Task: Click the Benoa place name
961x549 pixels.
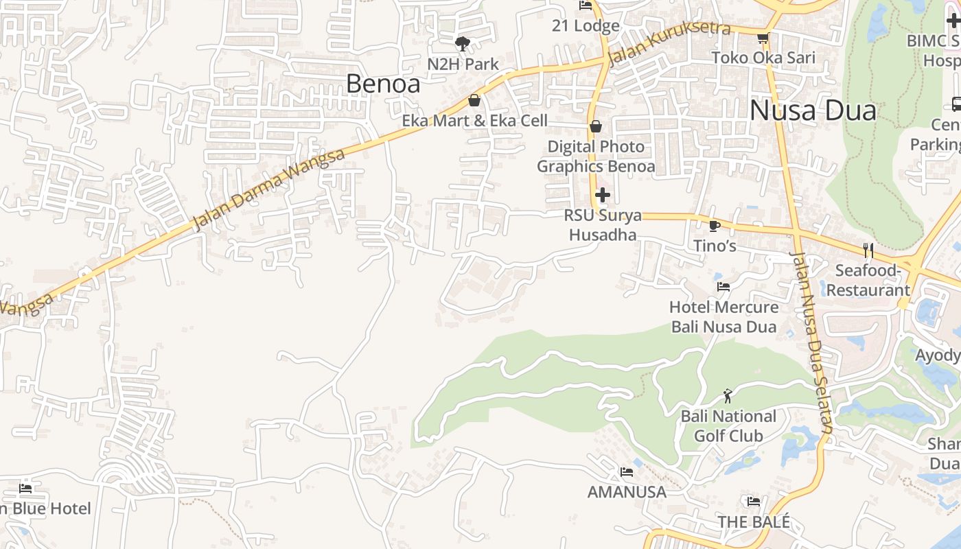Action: click(x=383, y=84)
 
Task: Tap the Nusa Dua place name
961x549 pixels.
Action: click(x=813, y=110)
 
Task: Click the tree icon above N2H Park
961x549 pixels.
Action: click(x=463, y=44)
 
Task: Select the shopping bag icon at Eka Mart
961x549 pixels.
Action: click(x=474, y=101)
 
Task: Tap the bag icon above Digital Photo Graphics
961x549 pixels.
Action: click(x=596, y=126)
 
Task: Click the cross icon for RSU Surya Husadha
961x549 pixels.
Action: click(x=602, y=195)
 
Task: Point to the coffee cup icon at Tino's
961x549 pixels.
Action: click(x=714, y=226)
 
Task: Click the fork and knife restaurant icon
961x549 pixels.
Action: click(x=868, y=250)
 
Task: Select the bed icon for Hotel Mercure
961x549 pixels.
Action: click(x=723, y=287)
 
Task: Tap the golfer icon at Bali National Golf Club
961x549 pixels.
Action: click(x=728, y=396)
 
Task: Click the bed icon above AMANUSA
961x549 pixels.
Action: click(x=626, y=472)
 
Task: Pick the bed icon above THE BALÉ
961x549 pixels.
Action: click(x=753, y=502)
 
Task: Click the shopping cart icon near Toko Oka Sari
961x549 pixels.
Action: click(x=763, y=38)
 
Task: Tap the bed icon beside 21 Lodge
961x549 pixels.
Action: click(x=586, y=5)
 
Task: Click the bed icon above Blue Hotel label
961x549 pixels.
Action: click(x=25, y=489)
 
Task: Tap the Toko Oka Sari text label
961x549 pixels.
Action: click(x=763, y=58)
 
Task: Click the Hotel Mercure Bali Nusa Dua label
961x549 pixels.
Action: click(x=723, y=316)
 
